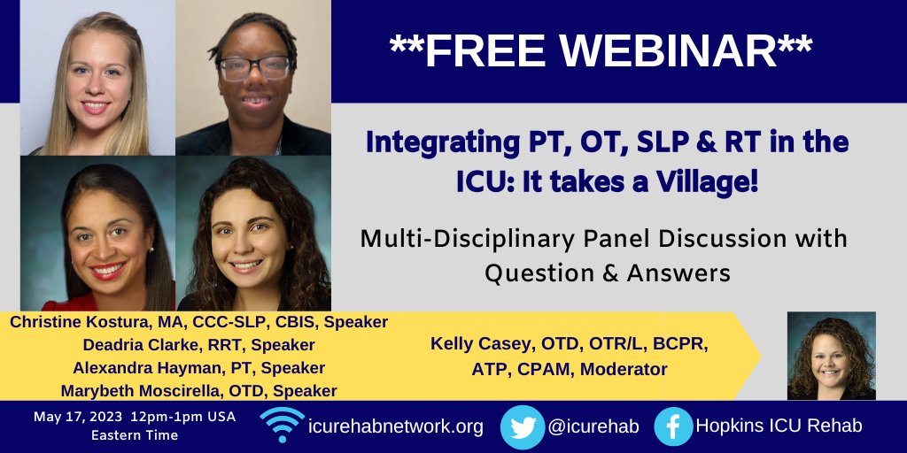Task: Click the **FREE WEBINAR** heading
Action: coord(601,52)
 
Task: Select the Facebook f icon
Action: coord(674,426)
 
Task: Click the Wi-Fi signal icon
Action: coord(283,426)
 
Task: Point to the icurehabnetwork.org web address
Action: coord(396,426)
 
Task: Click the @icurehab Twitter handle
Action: coord(593,426)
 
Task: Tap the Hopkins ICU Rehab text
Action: coord(780,426)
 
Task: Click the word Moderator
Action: coord(630,369)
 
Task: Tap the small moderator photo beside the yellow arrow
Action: coord(831,355)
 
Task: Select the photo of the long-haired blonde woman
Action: coord(97,78)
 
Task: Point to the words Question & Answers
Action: coord(607,273)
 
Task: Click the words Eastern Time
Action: coord(135,435)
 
